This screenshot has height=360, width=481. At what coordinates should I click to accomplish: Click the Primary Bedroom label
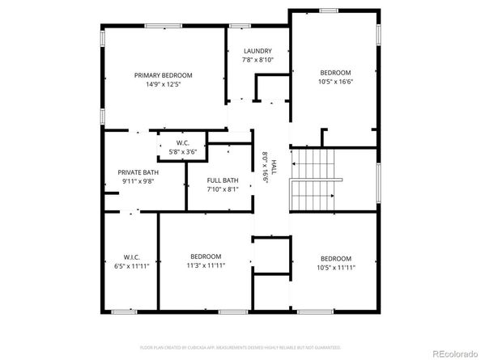168,74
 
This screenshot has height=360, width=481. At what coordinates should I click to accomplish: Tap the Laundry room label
258,50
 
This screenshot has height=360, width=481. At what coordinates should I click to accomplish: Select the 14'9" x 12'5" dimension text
168,84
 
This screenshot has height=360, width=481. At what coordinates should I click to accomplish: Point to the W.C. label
182,142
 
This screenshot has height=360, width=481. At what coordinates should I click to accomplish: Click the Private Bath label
138,172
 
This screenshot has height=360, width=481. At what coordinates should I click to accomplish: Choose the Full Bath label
222,180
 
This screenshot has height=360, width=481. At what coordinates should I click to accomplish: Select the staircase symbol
312,180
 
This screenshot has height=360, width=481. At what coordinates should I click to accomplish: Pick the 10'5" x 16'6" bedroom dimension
334,81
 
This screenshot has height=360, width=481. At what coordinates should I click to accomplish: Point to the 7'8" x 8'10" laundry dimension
258,60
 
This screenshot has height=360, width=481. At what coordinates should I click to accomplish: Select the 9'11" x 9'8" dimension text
138,181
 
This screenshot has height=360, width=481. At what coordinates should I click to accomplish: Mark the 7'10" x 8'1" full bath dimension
222,189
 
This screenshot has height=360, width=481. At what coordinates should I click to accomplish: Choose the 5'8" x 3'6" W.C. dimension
182,151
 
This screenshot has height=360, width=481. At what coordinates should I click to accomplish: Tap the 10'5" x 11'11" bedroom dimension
334,267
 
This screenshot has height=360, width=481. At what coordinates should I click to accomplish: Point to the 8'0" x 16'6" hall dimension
264,167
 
